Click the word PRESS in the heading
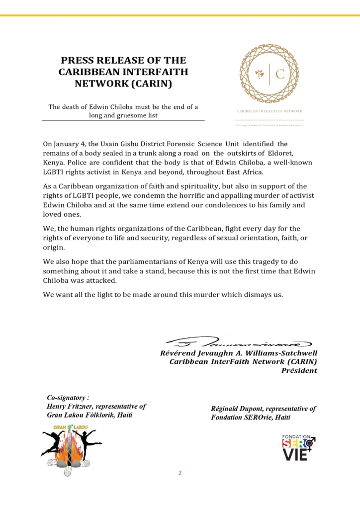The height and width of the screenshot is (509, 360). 78,61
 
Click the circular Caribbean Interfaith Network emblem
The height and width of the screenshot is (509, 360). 270,74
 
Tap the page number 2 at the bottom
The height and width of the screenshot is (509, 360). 180,473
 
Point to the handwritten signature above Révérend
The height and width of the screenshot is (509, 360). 238,343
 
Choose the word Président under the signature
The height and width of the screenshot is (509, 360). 299,371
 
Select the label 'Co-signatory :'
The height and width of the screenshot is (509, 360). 68,398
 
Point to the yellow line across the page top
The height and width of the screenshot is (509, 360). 180,15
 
